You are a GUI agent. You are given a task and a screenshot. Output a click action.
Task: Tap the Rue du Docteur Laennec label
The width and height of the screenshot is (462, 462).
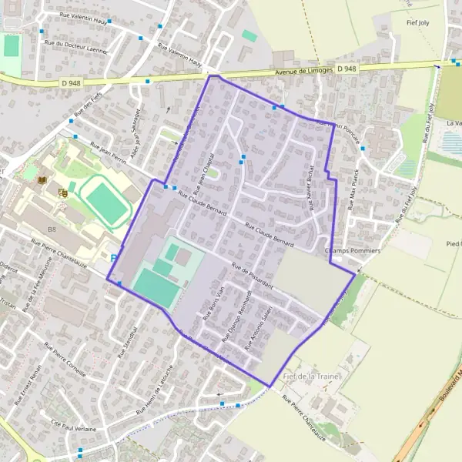77,46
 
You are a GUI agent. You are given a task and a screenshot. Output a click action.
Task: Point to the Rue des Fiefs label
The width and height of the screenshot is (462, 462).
88,102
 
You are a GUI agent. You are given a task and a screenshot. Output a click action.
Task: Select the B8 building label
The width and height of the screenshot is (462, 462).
52,229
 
